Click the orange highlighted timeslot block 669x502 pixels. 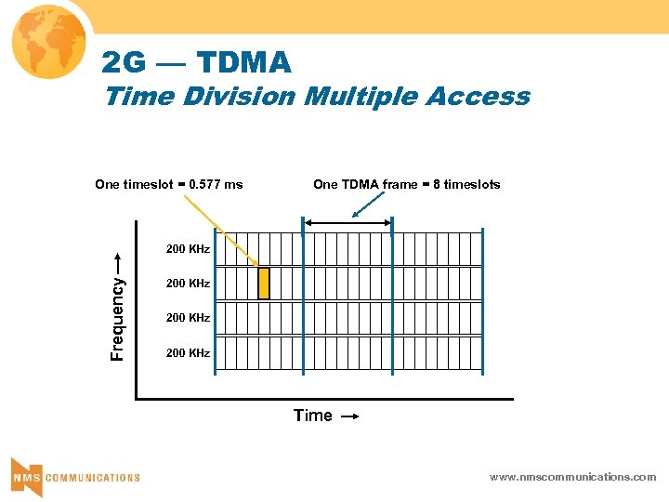[263, 284]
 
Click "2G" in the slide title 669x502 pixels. [123, 63]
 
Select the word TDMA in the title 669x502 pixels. [244, 63]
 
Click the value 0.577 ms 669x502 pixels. [215, 184]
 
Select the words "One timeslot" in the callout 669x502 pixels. [130, 184]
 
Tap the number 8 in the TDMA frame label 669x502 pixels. [436, 184]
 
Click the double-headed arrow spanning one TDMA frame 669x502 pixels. [348, 223]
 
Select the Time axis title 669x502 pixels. [312, 416]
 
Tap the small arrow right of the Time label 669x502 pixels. [348, 417]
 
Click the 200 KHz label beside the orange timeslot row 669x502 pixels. [188, 284]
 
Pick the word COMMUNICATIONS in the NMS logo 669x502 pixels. [93, 478]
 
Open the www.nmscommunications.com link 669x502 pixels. [572, 477]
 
